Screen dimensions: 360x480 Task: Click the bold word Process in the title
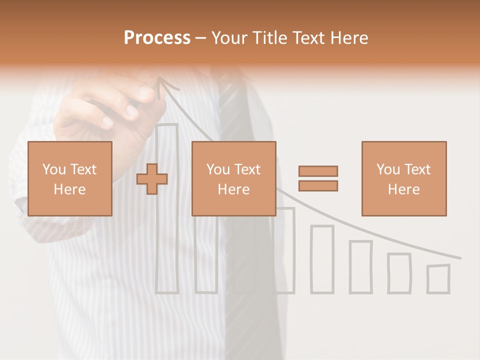[x=157, y=38]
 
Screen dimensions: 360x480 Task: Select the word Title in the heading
[x=270, y=38]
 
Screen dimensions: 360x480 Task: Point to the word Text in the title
[x=309, y=38]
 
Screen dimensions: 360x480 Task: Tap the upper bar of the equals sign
[x=318, y=171]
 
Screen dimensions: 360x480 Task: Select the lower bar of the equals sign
[x=318, y=185]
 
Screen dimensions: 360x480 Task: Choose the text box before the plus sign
[x=69, y=178]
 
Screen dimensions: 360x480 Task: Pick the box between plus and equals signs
[x=233, y=178]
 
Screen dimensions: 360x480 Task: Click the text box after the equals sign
[x=403, y=178]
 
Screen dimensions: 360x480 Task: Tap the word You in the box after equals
[x=388, y=169]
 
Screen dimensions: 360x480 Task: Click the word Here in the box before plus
[x=69, y=189]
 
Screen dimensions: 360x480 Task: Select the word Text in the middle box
[x=247, y=169]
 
